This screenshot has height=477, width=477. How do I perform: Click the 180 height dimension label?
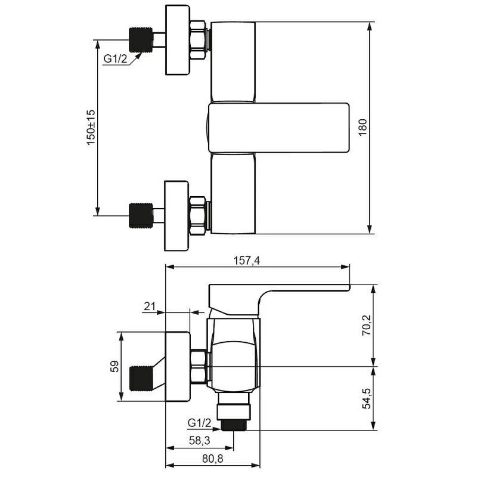coord(363,127)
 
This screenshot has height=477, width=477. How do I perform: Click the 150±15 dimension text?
coord(91,128)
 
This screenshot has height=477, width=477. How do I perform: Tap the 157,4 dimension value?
coord(247,261)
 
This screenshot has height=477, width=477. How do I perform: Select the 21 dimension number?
coord(150,306)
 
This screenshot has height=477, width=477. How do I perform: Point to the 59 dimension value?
coord(114,366)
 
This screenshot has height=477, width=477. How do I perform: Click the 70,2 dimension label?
coord(367,325)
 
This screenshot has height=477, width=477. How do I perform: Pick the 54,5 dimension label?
coord(367,398)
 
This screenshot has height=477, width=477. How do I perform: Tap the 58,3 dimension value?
coord(200,441)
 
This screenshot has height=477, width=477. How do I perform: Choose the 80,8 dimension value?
coord(213,459)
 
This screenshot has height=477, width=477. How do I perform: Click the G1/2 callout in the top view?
coord(115,58)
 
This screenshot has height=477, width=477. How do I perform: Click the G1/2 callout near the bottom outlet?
coord(199,423)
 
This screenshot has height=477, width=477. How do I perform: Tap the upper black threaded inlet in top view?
coord(141,40)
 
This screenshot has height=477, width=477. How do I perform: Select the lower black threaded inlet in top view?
coord(141,215)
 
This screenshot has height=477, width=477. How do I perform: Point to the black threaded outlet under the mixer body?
coord(234,425)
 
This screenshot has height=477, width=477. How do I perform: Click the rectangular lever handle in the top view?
coord(278,128)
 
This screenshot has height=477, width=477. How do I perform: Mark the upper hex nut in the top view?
coord(197,40)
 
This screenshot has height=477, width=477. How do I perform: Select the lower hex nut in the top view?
coord(197,216)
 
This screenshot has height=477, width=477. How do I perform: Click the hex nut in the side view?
coord(199,366)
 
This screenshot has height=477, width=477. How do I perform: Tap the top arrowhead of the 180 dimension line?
coord(370,26)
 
